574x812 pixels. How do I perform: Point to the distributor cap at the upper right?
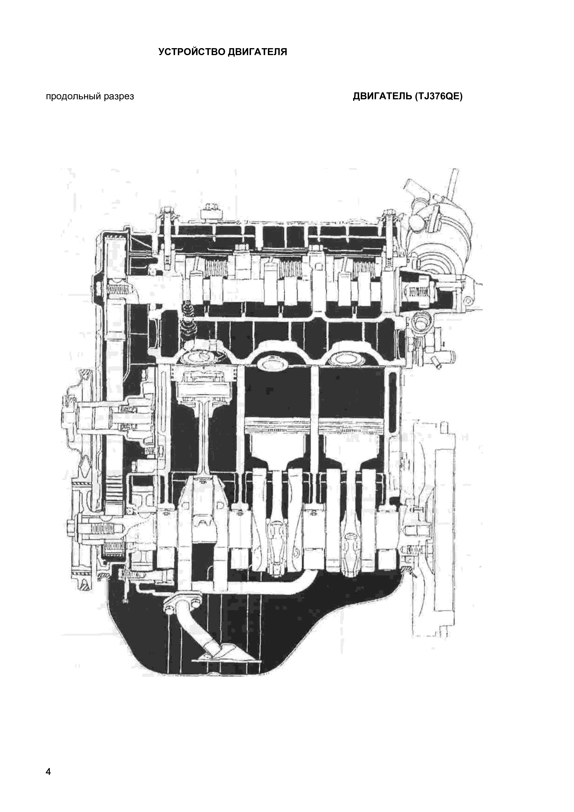[x=442, y=226]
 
